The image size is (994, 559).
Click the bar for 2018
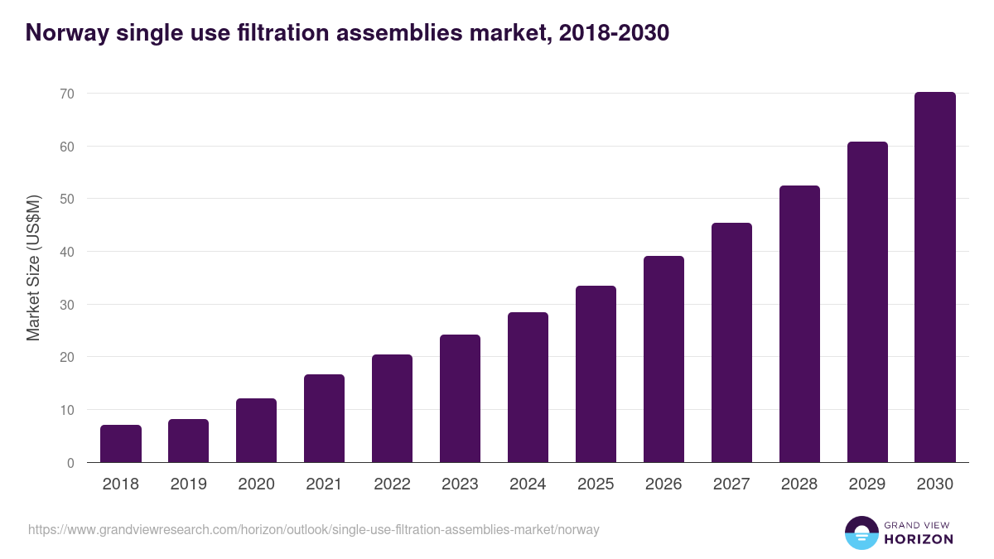(121, 444)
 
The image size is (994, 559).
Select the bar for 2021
(324, 418)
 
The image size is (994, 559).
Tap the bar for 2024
(528, 388)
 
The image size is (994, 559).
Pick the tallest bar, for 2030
(934, 277)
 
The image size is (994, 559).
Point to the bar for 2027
(731, 343)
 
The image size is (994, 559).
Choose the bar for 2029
(867, 302)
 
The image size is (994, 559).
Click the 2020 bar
(256, 431)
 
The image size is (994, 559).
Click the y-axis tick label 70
(67, 94)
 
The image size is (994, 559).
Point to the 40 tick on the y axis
(67, 252)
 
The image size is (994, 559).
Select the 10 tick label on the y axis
(67, 410)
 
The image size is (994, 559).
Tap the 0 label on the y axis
(70, 463)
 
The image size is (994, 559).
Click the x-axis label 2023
(460, 484)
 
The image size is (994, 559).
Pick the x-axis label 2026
(663, 484)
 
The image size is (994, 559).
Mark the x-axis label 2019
(189, 484)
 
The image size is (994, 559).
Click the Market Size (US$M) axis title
(33, 267)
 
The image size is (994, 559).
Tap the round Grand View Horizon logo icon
(861, 532)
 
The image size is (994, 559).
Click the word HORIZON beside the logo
(919, 539)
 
